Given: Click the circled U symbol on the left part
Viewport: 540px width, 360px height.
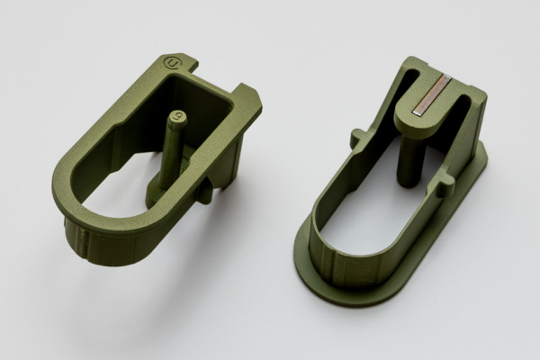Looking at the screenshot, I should point(172,63).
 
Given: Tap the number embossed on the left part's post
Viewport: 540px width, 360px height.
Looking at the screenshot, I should point(179,116).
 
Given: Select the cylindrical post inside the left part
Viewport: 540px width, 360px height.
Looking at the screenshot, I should point(172,148).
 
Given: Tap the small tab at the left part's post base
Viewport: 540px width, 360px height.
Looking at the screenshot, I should point(204,191).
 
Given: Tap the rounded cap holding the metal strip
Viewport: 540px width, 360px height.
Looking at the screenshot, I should point(422,112).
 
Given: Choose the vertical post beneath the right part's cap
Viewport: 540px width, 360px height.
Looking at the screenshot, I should point(409,162).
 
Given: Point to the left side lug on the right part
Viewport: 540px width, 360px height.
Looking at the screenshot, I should point(358,138).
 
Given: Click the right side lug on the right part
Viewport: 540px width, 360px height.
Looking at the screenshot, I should point(444,184).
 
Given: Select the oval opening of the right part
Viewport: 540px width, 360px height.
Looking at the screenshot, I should point(369,211).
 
